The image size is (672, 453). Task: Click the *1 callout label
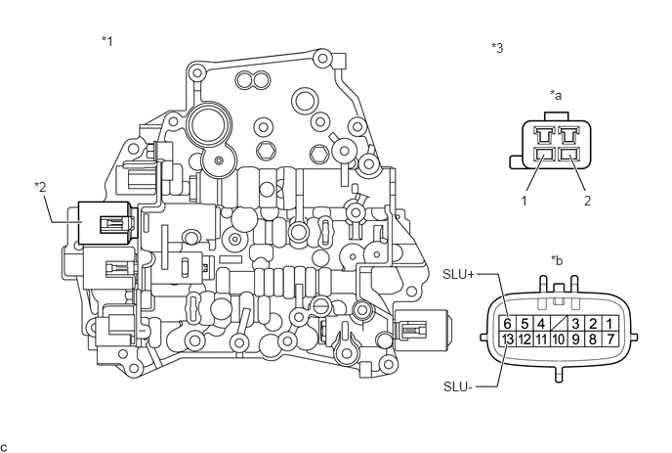tap(107, 41)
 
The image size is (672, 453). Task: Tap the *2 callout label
tap(40, 187)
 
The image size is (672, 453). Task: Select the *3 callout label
tap(497, 48)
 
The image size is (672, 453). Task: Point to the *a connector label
tap(556, 95)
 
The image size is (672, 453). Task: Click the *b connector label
tap(557, 260)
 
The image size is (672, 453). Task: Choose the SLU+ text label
tap(458, 274)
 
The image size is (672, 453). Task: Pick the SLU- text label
tap(458, 386)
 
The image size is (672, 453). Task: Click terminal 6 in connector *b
tap(508, 323)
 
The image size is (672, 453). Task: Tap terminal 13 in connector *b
tap(508, 340)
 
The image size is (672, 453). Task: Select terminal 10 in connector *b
tap(558, 340)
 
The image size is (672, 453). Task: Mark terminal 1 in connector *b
tap(609, 323)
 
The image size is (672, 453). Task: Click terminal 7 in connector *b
tap(609, 340)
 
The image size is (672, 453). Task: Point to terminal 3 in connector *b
tap(575, 323)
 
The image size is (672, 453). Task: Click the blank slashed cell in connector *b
tap(558, 323)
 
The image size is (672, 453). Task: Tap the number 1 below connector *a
tap(524, 201)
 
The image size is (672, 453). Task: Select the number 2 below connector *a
tap(587, 201)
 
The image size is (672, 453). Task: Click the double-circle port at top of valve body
tap(253, 80)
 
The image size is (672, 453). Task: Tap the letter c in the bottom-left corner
tap(4, 448)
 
